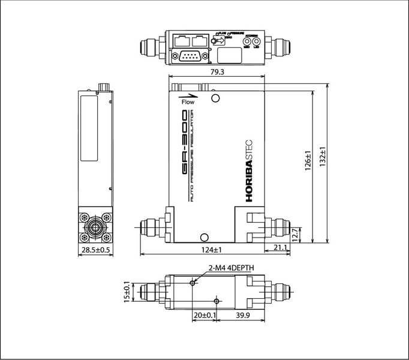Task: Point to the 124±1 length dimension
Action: [212, 249]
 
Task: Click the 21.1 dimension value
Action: [279, 247]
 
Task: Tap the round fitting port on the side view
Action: [94, 227]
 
